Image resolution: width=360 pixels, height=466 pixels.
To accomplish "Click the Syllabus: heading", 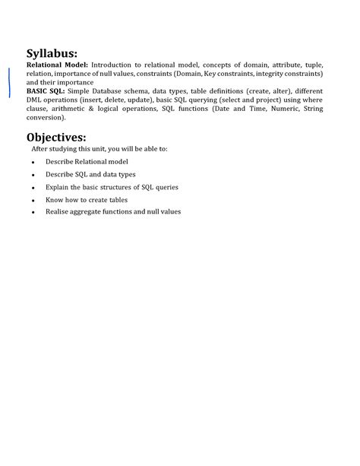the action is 52,53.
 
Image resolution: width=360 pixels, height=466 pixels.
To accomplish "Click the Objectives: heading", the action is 56,137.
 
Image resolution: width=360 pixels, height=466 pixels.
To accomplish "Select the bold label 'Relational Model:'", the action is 57,66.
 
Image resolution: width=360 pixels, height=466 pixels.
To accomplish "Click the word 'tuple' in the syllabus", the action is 314,66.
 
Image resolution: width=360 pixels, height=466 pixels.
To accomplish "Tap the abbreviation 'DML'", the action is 34,100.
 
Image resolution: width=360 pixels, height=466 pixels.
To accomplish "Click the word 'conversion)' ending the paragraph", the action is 46,118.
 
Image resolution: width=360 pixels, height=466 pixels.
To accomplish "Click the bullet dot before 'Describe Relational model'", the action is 34,163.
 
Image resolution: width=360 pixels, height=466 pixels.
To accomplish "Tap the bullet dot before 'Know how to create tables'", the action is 34,200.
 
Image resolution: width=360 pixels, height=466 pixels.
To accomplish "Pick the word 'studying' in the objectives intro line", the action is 66,149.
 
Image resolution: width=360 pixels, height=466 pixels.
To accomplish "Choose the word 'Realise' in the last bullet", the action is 57,211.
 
